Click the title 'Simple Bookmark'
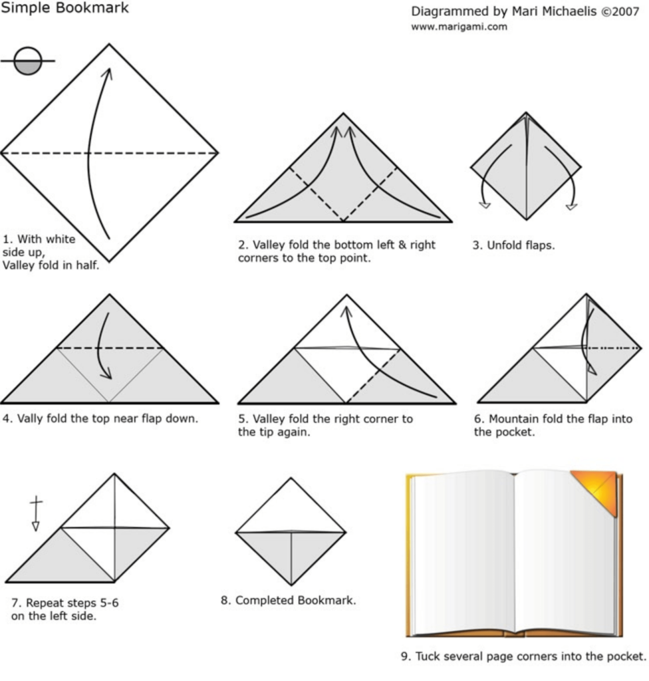[x=65, y=8]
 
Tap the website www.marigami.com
[x=459, y=27]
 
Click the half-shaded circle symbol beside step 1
[x=28, y=61]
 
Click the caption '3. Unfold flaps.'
[x=513, y=245]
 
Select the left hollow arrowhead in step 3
[x=485, y=205]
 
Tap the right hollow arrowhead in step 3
[x=572, y=206]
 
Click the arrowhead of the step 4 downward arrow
[x=106, y=374]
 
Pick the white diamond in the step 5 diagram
[x=346, y=375]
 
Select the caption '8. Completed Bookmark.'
[x=289, y=601]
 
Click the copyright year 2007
[x=626, y=12]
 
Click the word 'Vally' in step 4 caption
[x=30, y=419]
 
